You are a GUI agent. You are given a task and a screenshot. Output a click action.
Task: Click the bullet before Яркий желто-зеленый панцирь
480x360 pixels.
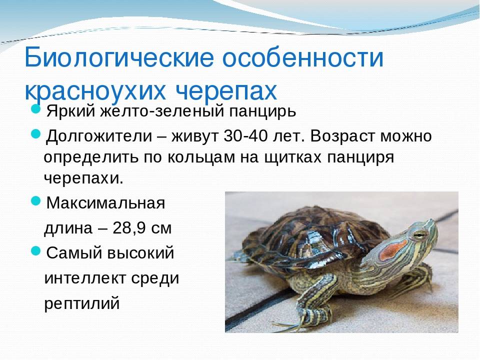click(x=36, y=108)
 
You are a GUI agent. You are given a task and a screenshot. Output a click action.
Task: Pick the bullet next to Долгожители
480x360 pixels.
click(x=36, y=134)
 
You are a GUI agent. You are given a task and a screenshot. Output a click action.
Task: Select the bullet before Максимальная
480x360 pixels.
click(x=36, y=201)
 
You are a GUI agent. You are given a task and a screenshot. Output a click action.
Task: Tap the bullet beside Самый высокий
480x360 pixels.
click(x=36, y=251)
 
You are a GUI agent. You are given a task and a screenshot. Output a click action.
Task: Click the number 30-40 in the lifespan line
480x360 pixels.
click(x=246, y=135)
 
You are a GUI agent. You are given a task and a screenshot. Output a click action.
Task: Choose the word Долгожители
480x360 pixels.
click(x=99, y=136)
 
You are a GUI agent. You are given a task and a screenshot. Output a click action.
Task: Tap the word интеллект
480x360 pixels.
click(x=85, y=278)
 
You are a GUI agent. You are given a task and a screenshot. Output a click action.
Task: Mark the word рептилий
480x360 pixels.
click(x=81, y=303)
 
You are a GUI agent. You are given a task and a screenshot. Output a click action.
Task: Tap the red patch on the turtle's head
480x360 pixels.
click(x=393, y=249)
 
